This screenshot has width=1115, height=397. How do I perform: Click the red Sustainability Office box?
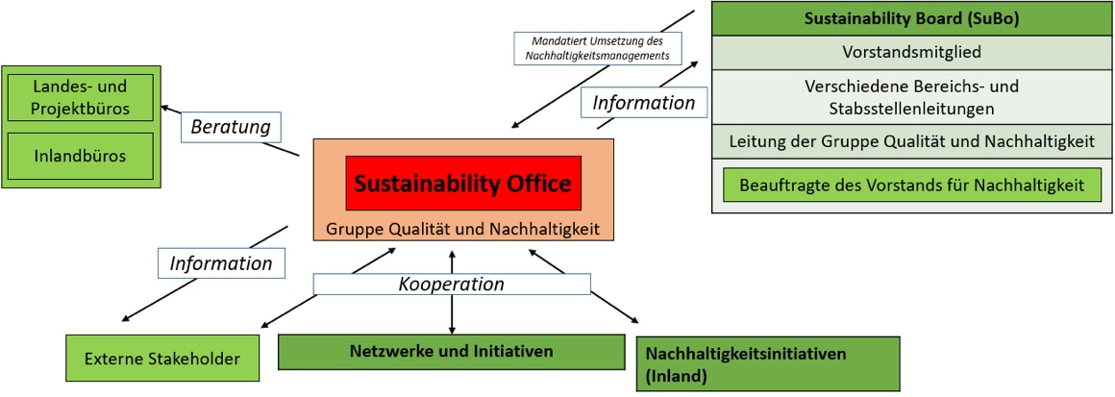pyautogui.click(x=463, y=183)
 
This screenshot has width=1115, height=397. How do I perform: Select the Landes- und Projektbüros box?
pyautogui.click(x=81, y=97)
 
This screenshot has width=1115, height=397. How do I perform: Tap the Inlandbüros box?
pyautogui.click(x=81, y=154)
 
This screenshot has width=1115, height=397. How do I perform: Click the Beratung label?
pyautogui.click(x=229, y=126)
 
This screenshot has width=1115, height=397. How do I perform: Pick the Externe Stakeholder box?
pyautogui.click(x=161, y=360)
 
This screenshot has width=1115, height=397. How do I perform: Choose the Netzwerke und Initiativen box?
pyautogui.click(x=450, y=351)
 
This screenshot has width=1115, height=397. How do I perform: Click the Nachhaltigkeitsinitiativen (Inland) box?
pyautogui.click(x=767, y=364)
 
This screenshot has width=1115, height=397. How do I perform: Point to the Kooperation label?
pyautogui.click(x=452, y=285)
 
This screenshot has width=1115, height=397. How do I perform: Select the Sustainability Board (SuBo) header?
pyautogui.click(x=911, y=18)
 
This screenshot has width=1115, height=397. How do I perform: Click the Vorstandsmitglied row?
pyautogui.click(x=911, y=52)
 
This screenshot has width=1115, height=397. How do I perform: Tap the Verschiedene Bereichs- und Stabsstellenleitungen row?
pyautogui.click(x=911, y=97)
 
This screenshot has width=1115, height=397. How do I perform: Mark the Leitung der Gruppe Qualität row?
pyautogui.click(x=911, y=142)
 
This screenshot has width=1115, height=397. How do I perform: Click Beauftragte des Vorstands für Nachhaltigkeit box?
pyautogui.click(x=911, y=185)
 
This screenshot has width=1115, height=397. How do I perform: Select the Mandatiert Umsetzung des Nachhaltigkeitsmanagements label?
pyautogui.click(x=597, y=49)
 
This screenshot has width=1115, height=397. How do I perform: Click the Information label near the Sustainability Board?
pyautogui.click(x=644, y=102)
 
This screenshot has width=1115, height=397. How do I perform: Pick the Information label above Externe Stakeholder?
pyautogui.click(x=221, y=262)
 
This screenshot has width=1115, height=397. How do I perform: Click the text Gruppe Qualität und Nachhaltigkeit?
pyautogui.click(x=463, y=229)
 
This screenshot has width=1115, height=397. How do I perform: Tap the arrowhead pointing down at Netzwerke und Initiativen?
pyautogui.click(x=452, y=329)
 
